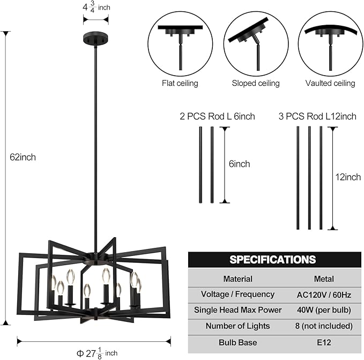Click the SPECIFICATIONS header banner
(x=272, y=260)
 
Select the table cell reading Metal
(x=324, y=279)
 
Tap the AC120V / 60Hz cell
(x=324, y=295)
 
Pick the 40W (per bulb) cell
(x=324, y=310)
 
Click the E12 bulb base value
(x=324, y=342)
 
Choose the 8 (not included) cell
(x=324, y=326)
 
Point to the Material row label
(x=237, y=279)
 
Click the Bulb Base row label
(x=237, y=342)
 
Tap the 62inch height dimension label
(x=23, y=157)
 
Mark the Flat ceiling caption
(x=180, y=83)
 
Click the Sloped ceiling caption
(x=256, y=83)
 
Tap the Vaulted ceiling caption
(x=330, y=83)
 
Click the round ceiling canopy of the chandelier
(x=95, y=38)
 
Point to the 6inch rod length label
(x=239, y=164)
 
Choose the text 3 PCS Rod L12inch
(x=317, y=116)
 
